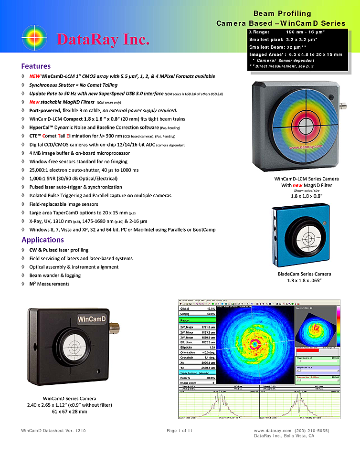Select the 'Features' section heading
[36, 66]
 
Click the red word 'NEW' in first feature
[35, 76]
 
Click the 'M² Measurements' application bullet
[49, 284]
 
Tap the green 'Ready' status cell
[197, 320]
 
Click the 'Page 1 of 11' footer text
[180, 431]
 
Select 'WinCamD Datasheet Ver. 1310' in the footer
[53, 431]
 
